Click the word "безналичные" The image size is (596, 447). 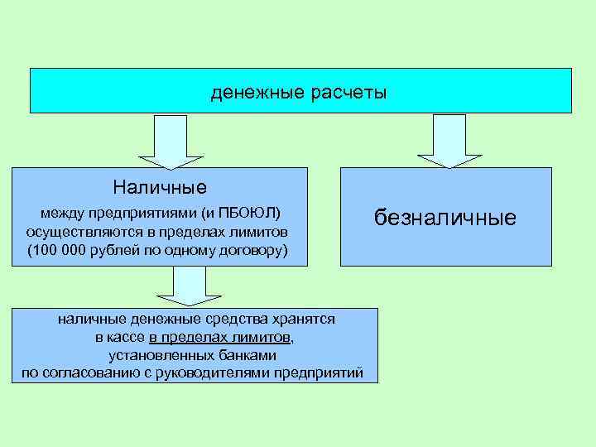pos(445,218)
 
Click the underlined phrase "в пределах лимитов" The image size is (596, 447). pos(219,338)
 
